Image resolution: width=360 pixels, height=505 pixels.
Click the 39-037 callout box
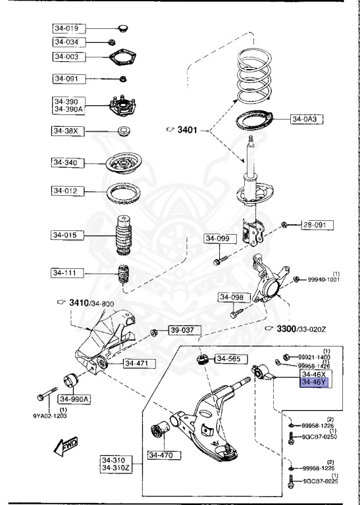point(183,330)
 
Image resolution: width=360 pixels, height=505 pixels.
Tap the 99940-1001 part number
point(323,279)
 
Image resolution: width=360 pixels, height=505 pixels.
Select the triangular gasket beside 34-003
point(122,58)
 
